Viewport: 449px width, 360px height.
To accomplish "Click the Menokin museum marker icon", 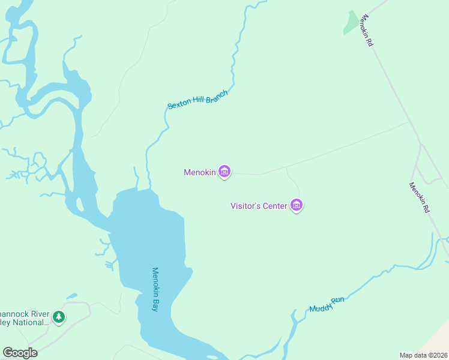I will (224, 172).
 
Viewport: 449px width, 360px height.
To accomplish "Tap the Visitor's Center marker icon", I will (296, 205).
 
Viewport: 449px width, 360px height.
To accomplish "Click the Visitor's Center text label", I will (259, 206).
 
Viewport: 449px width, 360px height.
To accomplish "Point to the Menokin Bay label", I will (155, 289).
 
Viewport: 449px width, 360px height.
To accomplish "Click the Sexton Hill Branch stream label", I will (197, 100).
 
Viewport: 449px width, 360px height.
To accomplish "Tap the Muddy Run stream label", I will (327, 304).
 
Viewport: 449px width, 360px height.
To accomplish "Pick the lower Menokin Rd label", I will (420, 197).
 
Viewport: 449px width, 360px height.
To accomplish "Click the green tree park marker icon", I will (58, 316).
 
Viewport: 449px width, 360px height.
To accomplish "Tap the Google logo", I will (20, 353).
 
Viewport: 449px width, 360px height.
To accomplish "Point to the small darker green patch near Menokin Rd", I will (349, 23).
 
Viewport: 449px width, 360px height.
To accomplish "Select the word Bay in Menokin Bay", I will (155, 304).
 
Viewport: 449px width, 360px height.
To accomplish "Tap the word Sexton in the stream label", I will (178, 105).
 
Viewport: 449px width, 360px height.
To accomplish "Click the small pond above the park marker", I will (71, 296).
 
